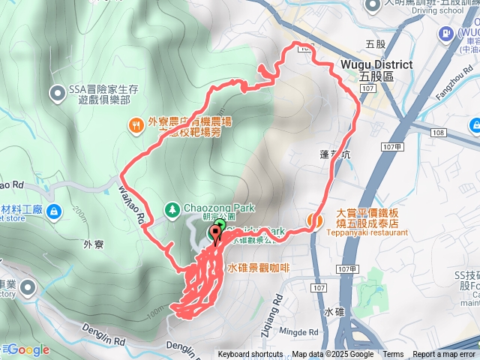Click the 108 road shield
[x=439, y=133]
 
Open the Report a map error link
[x=445, y=355]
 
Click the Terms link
[x=393, y=355]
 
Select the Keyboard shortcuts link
[x=250, y=355]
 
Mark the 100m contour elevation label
[x=155, y=310]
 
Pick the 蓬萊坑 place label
[x=334, y=154]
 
